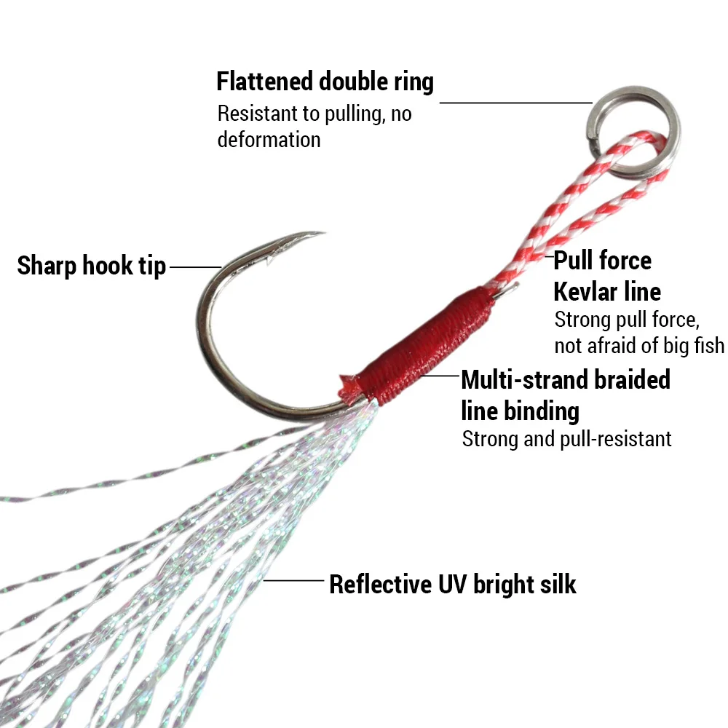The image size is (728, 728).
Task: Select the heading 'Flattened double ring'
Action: pos(325,82)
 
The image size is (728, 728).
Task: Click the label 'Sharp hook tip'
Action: pos(92,266)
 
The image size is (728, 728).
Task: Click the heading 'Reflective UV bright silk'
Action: pos(452,584)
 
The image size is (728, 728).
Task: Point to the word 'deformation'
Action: pos(269,139)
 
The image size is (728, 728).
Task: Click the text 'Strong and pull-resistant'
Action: pos(566,439)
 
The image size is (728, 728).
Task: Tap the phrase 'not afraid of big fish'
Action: pos(639,344)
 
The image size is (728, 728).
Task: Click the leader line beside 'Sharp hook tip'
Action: pos(194,266)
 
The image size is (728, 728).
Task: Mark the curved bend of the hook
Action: pos(207,342)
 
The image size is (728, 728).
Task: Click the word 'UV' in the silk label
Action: pos(455,584)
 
